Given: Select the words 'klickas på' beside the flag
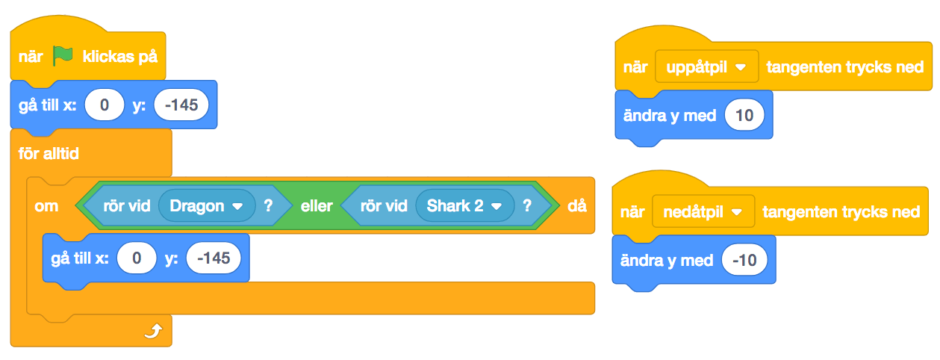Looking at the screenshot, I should [x=120, y=56].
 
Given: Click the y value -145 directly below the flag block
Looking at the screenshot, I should [x=181, y=105].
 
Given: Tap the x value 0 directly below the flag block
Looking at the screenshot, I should [x=105, y=105].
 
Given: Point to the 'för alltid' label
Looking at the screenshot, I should [x=49, y=155].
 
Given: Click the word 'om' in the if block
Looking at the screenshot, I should [x=46, y=205].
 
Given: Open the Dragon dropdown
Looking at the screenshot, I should [x=207, y=205].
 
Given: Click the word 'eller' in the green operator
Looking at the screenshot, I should [x=316, y=205].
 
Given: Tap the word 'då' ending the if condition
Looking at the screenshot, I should [x=576, y=205].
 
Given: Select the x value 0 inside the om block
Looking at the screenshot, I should [x=136, y=258].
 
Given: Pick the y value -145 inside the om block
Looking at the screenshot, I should [x=214, y=258].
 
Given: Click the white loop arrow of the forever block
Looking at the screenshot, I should [x=152, y=330].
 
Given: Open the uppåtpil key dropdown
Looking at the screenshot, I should [x=706, y=66].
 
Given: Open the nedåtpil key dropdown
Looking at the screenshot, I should [x=703, y=212].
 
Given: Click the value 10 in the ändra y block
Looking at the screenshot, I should [x=744, y=116].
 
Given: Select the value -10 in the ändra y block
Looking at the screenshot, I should [x=744, y=261].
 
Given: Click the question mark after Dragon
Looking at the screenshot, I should [x=268, y=205].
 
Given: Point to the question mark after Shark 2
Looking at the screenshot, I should [x=527, y=205].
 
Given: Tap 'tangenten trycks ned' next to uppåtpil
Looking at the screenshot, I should [x=845, y=67].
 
